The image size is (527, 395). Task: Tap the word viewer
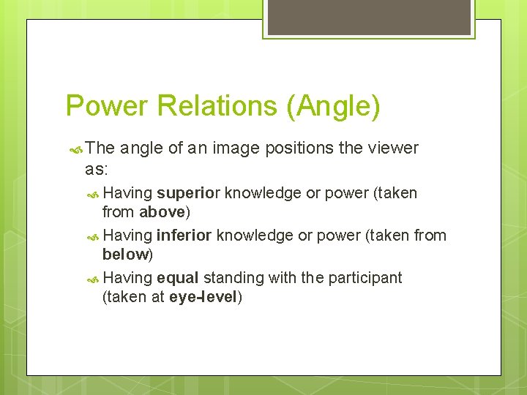389,148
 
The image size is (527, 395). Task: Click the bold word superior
188,193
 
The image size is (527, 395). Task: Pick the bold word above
162,212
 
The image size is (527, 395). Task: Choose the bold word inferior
184,236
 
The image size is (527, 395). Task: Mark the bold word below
126,255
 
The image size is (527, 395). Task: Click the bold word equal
178,278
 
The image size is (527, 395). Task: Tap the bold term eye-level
203,297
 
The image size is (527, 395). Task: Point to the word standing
233,278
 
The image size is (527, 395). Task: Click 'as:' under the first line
96,168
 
